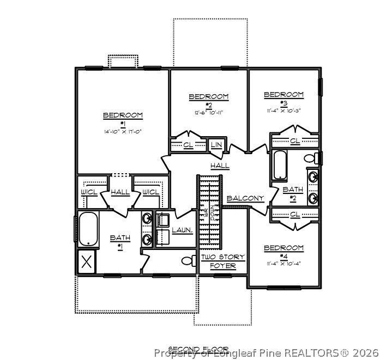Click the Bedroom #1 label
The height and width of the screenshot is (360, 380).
click(x=123, y=115)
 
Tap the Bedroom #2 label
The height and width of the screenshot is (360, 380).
click(x=209, y=97)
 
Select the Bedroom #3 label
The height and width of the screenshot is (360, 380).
click(x=284, y=95)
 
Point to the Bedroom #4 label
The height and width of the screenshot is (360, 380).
click(x=284, y=248)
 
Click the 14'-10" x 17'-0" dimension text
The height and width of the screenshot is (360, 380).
click(x=123, y=132)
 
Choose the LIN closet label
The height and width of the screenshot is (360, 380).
click(x=216, y=145)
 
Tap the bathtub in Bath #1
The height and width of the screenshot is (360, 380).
click(x=87, y=229)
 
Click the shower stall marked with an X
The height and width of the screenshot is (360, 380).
click(x=86, y=261)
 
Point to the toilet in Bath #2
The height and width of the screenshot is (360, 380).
click(x=310, y=158)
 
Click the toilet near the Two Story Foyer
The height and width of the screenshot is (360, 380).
click(x=189, y=260)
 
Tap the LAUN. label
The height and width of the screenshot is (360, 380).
click(x=182, y=230)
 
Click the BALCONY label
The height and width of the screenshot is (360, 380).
click(x=245, y=198)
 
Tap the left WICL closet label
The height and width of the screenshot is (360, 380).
click(x=89, y=192)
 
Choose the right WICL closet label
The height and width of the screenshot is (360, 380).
click(x=150, y=192)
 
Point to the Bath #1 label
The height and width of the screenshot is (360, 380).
click(x=120, y=241)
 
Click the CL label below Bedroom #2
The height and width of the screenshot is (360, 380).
click(x=188, y=145)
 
